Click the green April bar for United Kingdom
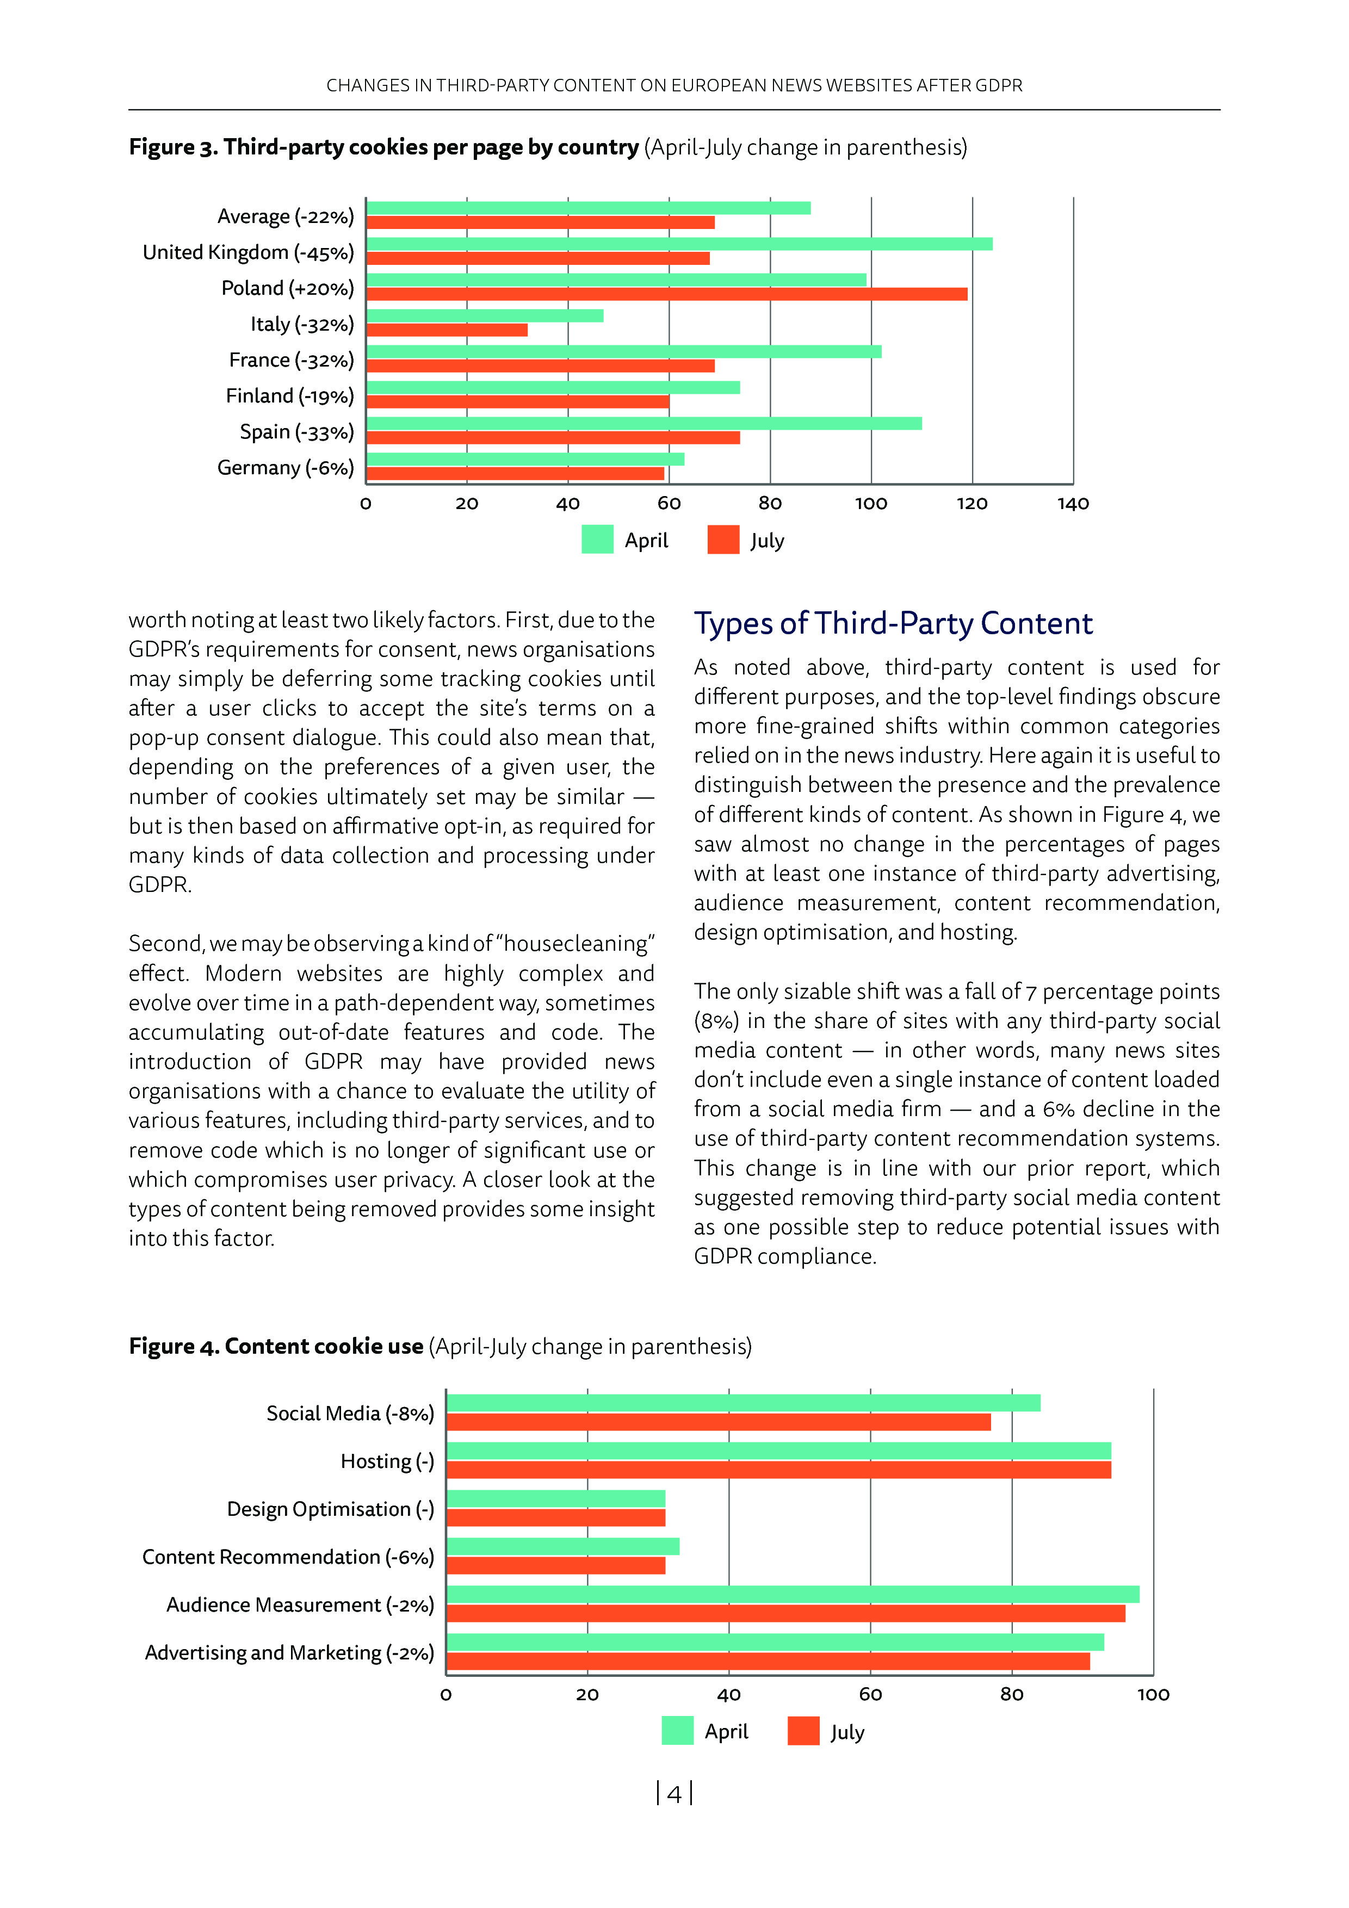(x=678, y=244)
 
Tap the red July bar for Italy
(x=447, y=330)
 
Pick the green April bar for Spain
(x=643, y=423)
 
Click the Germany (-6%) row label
(x=285, y=468)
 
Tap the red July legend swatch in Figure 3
(x=723, y=540)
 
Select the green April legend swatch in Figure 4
(x=677, y=1731)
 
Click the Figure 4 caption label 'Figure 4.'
(x=174, y=1346)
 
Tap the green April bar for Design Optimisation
(x=555, y=1498)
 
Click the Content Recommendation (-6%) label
(x=288, y=1557)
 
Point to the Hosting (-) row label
(x=387, y=1461)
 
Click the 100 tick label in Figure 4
(x=1153, y=1694)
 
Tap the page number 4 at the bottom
(x=674, y=1794)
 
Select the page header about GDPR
(x=674, y=85)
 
